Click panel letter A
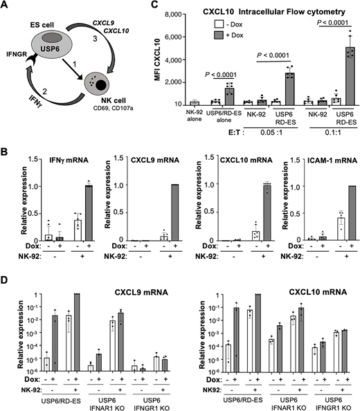coord(6,6)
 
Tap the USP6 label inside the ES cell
coord(46,39)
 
